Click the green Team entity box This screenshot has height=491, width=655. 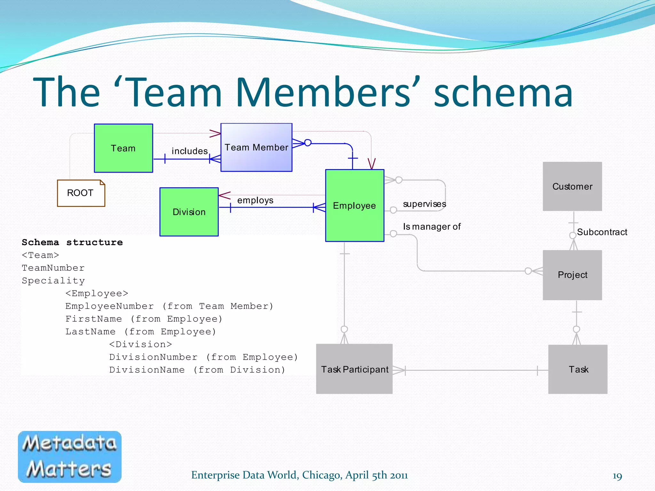pyautogui.click(x=123, y=148)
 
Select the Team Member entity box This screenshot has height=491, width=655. pyautogui.click(x=256, y=147)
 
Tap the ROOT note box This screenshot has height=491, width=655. pyautogui.click(x=81, y=193)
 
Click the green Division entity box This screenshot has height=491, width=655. pyautogui.click(x=189, y=212)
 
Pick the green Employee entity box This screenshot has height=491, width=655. pyautogui.click(x=354, y=206)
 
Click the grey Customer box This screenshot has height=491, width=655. pyautogui.click(x=572, y=186)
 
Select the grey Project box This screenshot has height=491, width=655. pyautogui.click(x=572, y=275)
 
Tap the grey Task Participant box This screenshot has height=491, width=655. pyautogui.click(x=354, y=369)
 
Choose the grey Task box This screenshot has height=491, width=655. pyautogui.click(x=578, y=369)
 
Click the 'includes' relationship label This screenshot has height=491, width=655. pyautogui.click(x=190, y=151)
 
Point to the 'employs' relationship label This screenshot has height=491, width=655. pyautogui.click(x=255, y=200)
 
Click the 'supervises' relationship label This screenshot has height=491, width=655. pyautogui.click(x=424, y=204)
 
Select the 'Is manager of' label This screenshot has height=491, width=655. pyautogui.click(x=431, y=227)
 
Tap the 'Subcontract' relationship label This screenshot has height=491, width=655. pyautogui.click(x=602, y=232)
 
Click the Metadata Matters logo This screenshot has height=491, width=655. pyautogui.click(x=70, y=456)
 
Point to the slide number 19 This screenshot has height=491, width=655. pyautogui.click(x=617, y=476)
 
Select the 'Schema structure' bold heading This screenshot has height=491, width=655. pyautogui.click(x=72, y=242)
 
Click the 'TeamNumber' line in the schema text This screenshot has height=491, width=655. pyautogui.click(x=53, y=268)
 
